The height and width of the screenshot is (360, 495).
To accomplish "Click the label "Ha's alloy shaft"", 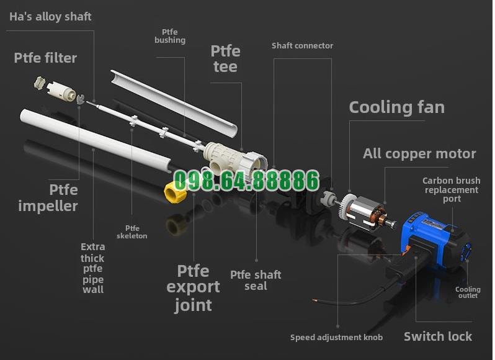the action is (50, 16).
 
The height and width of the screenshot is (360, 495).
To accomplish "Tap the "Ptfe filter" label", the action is (45, 58).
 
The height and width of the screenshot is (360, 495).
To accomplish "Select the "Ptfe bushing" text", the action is (170, 36).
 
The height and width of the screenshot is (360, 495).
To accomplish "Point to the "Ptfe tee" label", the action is (225, 59).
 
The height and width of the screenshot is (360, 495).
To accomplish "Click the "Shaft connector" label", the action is (302, 46).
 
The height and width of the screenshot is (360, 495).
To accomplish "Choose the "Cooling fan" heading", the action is (397, 107).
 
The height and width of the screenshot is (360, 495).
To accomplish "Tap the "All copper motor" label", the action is (419, 154).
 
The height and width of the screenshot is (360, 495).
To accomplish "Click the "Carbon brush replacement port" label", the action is (452, 189).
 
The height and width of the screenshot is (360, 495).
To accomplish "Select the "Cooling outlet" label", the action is (468, 292).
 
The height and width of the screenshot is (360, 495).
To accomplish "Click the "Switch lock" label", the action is (438, 336).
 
